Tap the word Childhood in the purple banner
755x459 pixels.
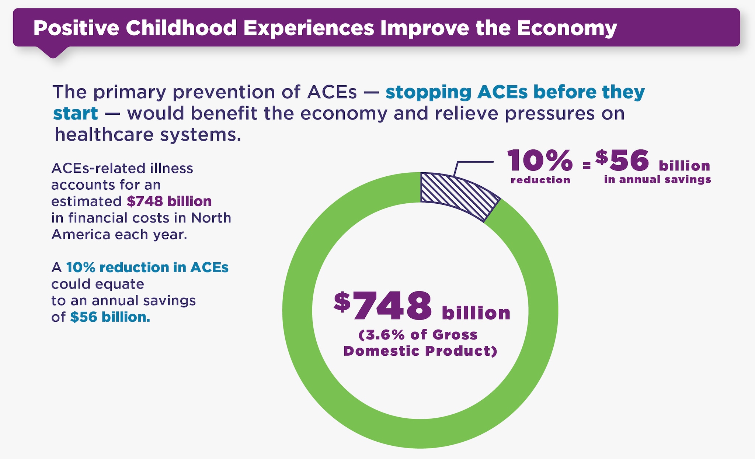(x=181, y=28)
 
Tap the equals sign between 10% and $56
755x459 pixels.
(x=587, y=166)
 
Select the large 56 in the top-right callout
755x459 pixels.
(x=629, y=161)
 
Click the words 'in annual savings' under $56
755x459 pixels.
(x=657, y=180)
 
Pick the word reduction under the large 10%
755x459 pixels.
(x=540, y=180)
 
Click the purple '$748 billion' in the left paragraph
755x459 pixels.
(x=169, y=201)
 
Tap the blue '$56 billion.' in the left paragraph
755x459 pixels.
(x=110, y=317)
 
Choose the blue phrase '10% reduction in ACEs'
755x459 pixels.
(x=147, y=268)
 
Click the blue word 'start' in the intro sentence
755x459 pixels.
(x=76, y=113)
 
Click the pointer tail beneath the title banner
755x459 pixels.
(x=53, y=52)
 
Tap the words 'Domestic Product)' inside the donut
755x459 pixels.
(x=420, y=351)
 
